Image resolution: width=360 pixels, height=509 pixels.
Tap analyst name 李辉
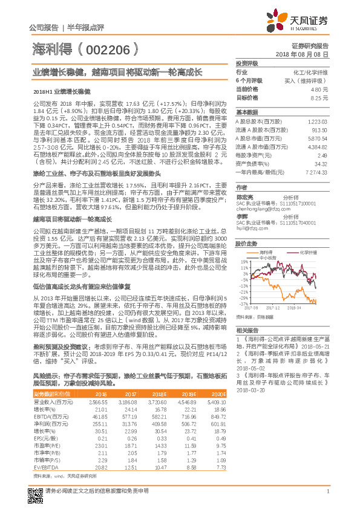242,216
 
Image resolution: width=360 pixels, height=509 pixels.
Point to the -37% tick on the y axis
244,305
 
